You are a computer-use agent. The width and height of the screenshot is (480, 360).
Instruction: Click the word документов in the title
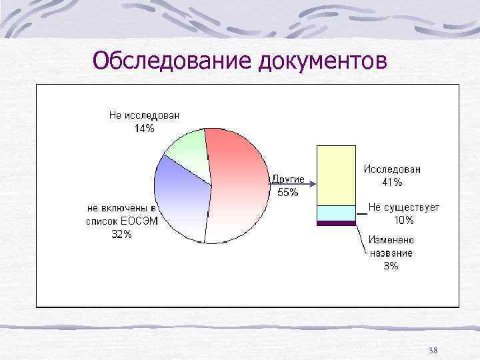321,61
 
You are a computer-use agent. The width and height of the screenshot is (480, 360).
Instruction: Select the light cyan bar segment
336,213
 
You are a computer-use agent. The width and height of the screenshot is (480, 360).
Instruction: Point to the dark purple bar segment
336,223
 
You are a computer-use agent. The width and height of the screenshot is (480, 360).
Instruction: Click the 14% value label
145,129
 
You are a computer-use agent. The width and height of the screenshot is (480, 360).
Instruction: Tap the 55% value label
288,193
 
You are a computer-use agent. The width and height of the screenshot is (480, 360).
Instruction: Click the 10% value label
403,219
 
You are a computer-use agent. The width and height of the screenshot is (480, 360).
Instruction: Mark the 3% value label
391,265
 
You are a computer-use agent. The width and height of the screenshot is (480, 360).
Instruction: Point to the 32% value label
121,234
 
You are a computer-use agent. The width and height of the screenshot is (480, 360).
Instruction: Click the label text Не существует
404,207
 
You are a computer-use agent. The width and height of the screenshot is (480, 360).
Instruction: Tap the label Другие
288,179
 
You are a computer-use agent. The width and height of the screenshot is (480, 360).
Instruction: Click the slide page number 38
433,351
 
